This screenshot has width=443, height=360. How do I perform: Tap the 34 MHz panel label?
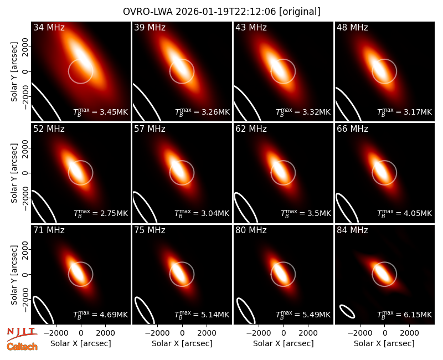[x=49, y=27]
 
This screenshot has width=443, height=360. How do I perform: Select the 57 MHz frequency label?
[x=150, y=129]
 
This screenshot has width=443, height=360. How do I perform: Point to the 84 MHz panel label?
[x=352, y=230]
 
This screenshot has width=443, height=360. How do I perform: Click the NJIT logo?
[x=22, y=333]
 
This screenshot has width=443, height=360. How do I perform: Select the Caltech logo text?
[x=22, y=347]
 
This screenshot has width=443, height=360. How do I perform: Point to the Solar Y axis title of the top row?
[x=14, y=72]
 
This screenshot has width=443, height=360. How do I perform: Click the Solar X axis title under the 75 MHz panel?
[x=182, y=343]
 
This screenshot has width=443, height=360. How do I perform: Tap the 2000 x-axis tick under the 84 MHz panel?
[x=409, y=333]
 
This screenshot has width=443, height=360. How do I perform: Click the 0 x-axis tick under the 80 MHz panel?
[x=284, y=333]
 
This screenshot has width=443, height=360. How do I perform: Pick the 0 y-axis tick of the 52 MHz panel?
[x=25, y=173]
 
